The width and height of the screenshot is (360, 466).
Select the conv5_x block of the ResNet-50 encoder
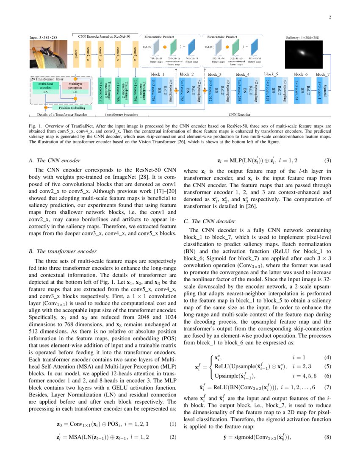[x=135, y=54]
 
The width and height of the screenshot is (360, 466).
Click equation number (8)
[x=327, y=437]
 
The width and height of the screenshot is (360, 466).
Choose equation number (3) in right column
[x=327, y=161]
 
